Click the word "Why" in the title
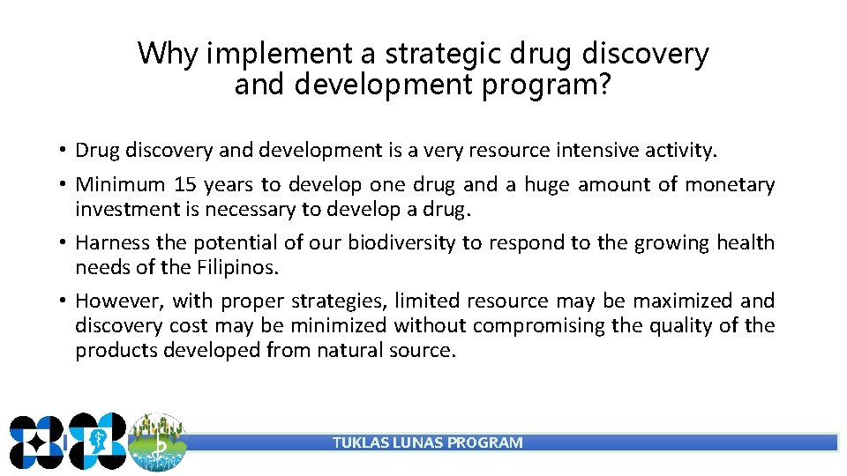pyautogui.click(x=169, y=55)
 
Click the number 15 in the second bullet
pyautogui.click(x=185, y=184)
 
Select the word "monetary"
pyautogui.click(x=730, y=184)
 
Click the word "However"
pyautogui.click(x=116, y=301)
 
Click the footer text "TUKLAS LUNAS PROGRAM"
pyautogui.click(x=427, y=443)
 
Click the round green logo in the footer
pyautogui.click(x=157, y=443)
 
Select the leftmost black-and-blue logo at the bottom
pyautogui.click(x=36, y=441)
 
